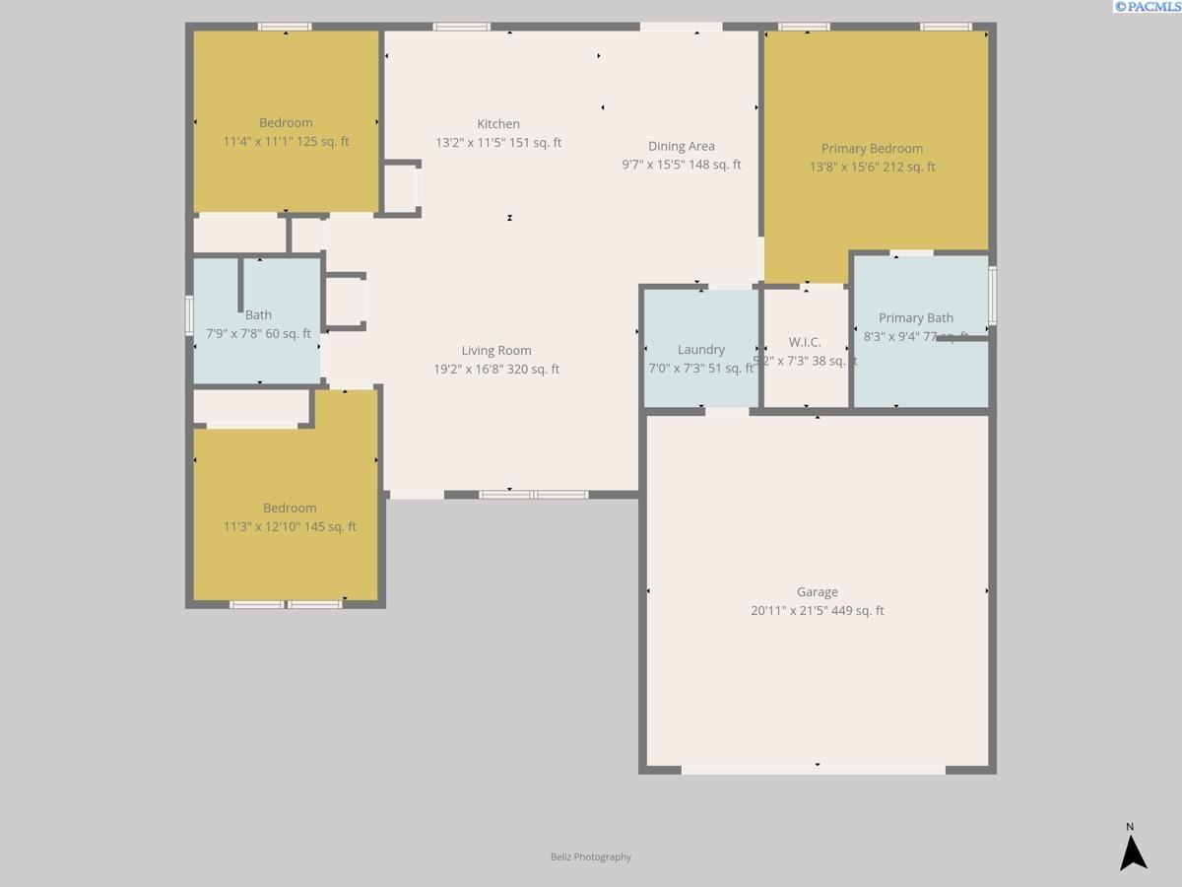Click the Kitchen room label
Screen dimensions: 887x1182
point(498,124)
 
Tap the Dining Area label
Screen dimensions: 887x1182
point(682,146)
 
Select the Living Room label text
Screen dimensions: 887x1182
point(496,351)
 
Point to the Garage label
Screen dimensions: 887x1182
point(818,592)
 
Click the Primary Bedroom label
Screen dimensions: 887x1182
point(873,149)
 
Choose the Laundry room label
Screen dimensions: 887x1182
point(701,350)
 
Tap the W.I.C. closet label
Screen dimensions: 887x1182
point(805,342)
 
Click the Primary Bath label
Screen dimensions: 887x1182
point(916,318)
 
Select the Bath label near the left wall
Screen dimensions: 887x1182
point(258,315)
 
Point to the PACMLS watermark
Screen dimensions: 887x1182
point(1148,7)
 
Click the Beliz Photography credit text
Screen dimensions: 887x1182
point(591,857)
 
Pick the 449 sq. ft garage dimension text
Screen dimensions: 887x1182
point(818,611)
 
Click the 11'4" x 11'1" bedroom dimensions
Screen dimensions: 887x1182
point(286,142)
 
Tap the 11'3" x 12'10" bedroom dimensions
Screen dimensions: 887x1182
point(290,527)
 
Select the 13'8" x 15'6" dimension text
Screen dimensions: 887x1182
point(873,168)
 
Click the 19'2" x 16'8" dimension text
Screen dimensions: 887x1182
point(496,370)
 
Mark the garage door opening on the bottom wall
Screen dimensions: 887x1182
point(814,770)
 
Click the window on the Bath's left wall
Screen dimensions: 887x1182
point(190,315)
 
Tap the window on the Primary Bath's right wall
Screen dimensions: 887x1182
point(993,295)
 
